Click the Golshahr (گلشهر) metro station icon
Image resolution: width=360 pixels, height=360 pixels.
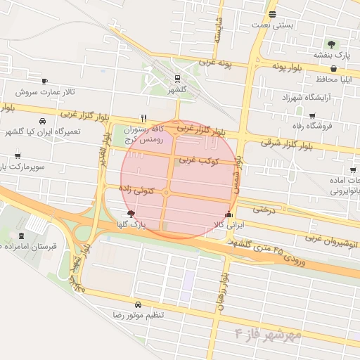pos(176,79)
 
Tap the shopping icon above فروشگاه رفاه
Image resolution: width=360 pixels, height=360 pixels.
pos(312,115)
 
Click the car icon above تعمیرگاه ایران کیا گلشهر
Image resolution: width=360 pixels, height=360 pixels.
pos(44,121)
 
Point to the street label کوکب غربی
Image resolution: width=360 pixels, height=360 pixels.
pos(198,161)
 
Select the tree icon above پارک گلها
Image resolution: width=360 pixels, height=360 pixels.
pos(130,212)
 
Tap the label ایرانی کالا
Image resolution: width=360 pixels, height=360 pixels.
pos(228,225)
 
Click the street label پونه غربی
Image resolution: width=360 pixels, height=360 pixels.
pos(216,63)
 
